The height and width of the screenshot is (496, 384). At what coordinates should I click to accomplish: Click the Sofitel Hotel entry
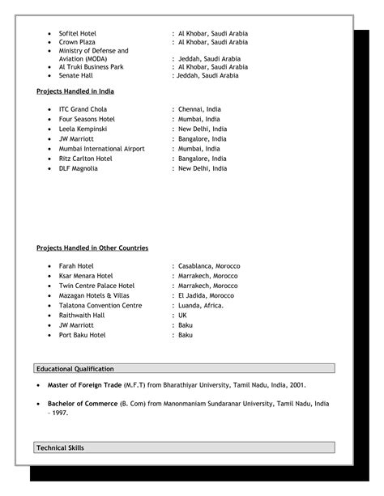click(x=77, y=32)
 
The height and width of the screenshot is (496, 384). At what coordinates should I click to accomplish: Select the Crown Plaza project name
click(x=77, y=41)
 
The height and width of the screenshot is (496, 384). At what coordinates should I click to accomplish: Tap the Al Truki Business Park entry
click(x=91, y=67)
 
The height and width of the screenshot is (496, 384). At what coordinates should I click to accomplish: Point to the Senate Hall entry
click(x=75, y=75)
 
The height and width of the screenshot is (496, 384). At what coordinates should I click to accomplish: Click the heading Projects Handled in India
click(x=75, y=91)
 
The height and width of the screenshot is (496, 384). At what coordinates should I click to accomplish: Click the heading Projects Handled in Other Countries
click(x=92, y=248)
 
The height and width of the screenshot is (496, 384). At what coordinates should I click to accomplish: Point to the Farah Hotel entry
click(x=76, y=265)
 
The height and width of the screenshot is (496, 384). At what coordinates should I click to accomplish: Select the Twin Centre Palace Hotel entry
click(x=96, y=286)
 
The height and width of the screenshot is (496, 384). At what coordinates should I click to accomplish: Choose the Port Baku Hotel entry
click(x=83, y=335)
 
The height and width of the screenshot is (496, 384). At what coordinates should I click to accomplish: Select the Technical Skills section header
click(x=60, y=447)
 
